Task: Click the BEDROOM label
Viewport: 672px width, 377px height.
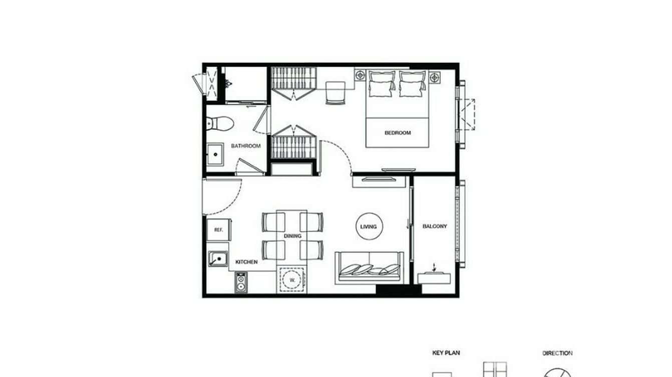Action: [398, 133]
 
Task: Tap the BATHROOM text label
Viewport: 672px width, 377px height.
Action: [245, 146]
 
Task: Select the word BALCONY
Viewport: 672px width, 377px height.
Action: [435, 226]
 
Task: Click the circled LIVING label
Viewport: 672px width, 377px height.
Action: [369, 227]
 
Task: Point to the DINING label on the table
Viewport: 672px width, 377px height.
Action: [292, 236]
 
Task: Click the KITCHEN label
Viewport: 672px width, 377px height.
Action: [247, 262]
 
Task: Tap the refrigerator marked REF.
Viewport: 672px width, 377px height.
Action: [218, 230]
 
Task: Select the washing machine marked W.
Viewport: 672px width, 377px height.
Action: [292, 280]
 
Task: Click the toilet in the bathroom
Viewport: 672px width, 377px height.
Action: [219, 122]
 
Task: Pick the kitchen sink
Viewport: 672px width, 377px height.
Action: [217, 259]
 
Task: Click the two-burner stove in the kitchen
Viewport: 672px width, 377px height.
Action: [241, 283]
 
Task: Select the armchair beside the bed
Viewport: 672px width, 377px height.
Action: [335, 92]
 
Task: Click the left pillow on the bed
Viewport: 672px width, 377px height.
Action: [381, 83]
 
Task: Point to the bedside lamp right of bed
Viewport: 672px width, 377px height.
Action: [434, 77]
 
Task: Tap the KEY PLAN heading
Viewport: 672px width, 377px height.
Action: [446, 353]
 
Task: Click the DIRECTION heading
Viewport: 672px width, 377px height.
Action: [557, 353]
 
